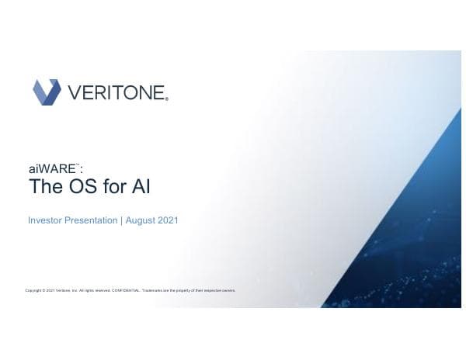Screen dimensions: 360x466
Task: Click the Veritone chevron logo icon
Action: click(x=46, y=92)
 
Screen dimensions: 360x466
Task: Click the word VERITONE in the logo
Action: click(x=117, y=93)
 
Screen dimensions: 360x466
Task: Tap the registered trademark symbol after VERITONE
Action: click(x=167, y=99)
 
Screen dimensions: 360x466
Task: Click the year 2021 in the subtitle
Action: click(x=168, y=221)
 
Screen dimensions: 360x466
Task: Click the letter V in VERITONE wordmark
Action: click(x=75, y=93)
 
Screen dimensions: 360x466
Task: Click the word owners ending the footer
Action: click(x=228, y=291)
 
